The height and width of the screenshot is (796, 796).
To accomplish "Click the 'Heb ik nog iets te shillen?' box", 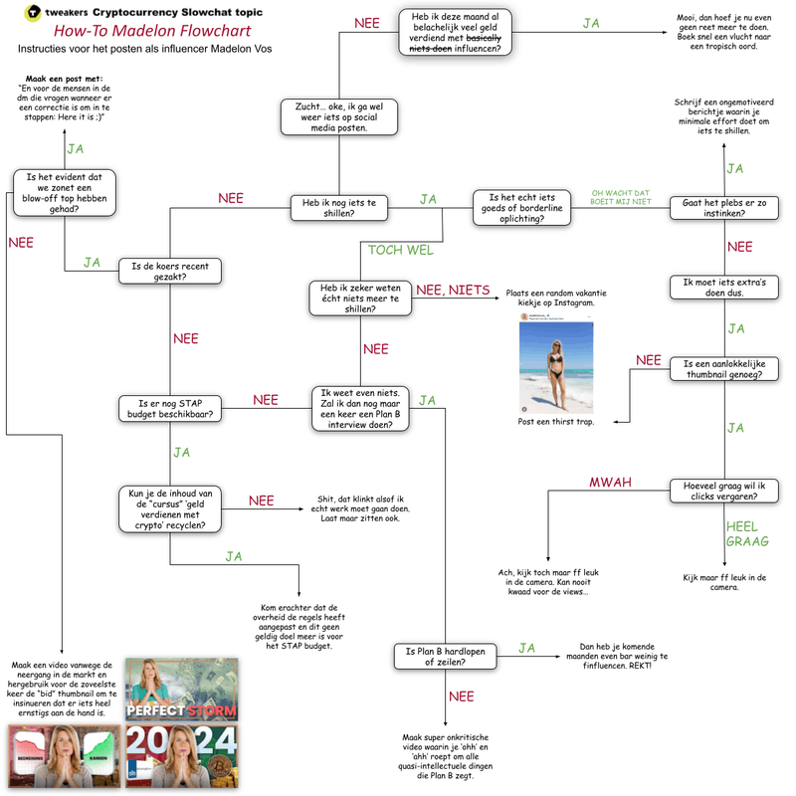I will [x=339, y=206].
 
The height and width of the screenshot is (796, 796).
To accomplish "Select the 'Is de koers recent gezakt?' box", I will [x=170, y=271].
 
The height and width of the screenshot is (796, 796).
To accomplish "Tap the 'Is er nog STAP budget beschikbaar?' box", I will [x=170, y=408].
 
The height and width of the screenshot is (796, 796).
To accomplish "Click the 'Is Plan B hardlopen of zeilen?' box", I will [x=444, y=655].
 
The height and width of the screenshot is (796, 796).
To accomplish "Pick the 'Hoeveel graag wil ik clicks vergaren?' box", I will [x=722, y=493].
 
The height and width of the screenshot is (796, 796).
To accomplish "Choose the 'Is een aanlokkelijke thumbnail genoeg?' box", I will [x=722, y=368].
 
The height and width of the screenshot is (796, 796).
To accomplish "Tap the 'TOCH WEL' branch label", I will [x=400, y=250].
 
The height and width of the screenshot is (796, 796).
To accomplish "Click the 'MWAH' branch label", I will [x=610, y=482].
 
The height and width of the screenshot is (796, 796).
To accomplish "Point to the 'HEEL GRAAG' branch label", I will [x=741, y=533].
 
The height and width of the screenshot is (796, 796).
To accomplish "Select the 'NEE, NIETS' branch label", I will [x=453, y=291].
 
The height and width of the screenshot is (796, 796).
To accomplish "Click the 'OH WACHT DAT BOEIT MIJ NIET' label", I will [x=621, y=198].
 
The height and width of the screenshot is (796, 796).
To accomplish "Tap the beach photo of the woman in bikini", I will [x=556, y=363].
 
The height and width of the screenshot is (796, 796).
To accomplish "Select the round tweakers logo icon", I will [x=33, y=12].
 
